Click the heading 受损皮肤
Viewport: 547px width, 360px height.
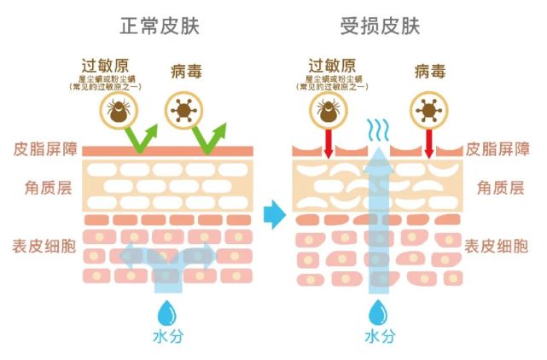380,26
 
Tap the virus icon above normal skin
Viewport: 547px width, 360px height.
181,110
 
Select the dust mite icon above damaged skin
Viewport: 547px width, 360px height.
328,110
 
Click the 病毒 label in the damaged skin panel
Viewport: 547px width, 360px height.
429,67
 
